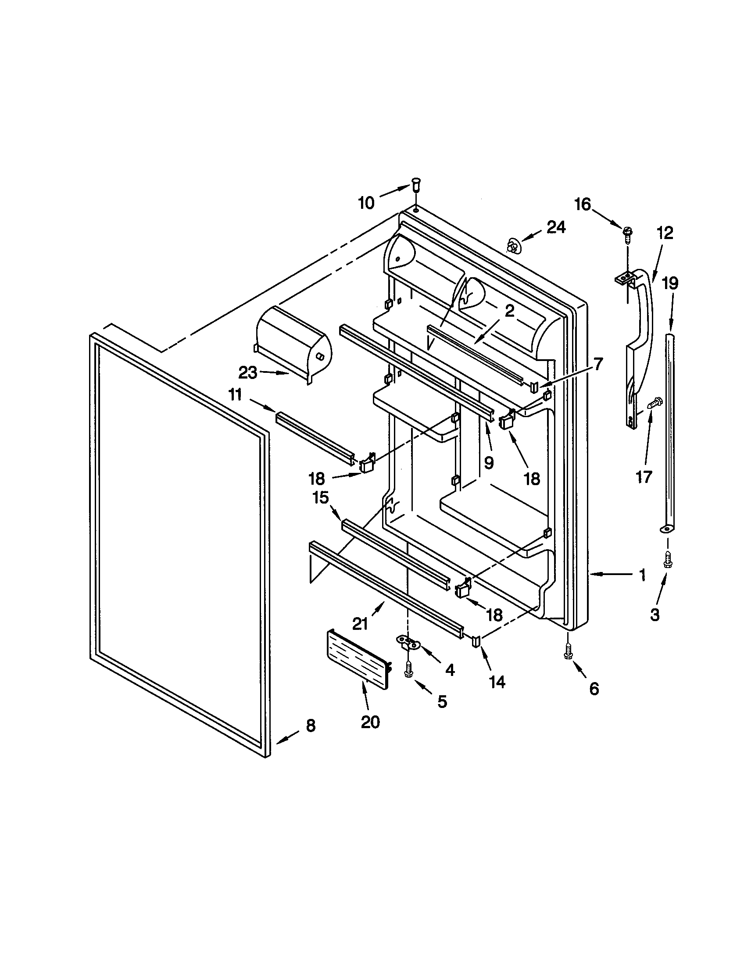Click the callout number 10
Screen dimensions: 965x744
click(x=366, y=203)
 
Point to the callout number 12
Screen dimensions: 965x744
click(x=665, y=233)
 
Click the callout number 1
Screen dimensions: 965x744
click(x=642, y=575)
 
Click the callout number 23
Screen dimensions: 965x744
click(x=247, y=373)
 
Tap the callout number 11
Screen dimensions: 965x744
click(x=236, y=395)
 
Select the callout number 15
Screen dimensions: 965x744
click(x=321, y=498)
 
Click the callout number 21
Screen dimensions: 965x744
click(x=360, y=623)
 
